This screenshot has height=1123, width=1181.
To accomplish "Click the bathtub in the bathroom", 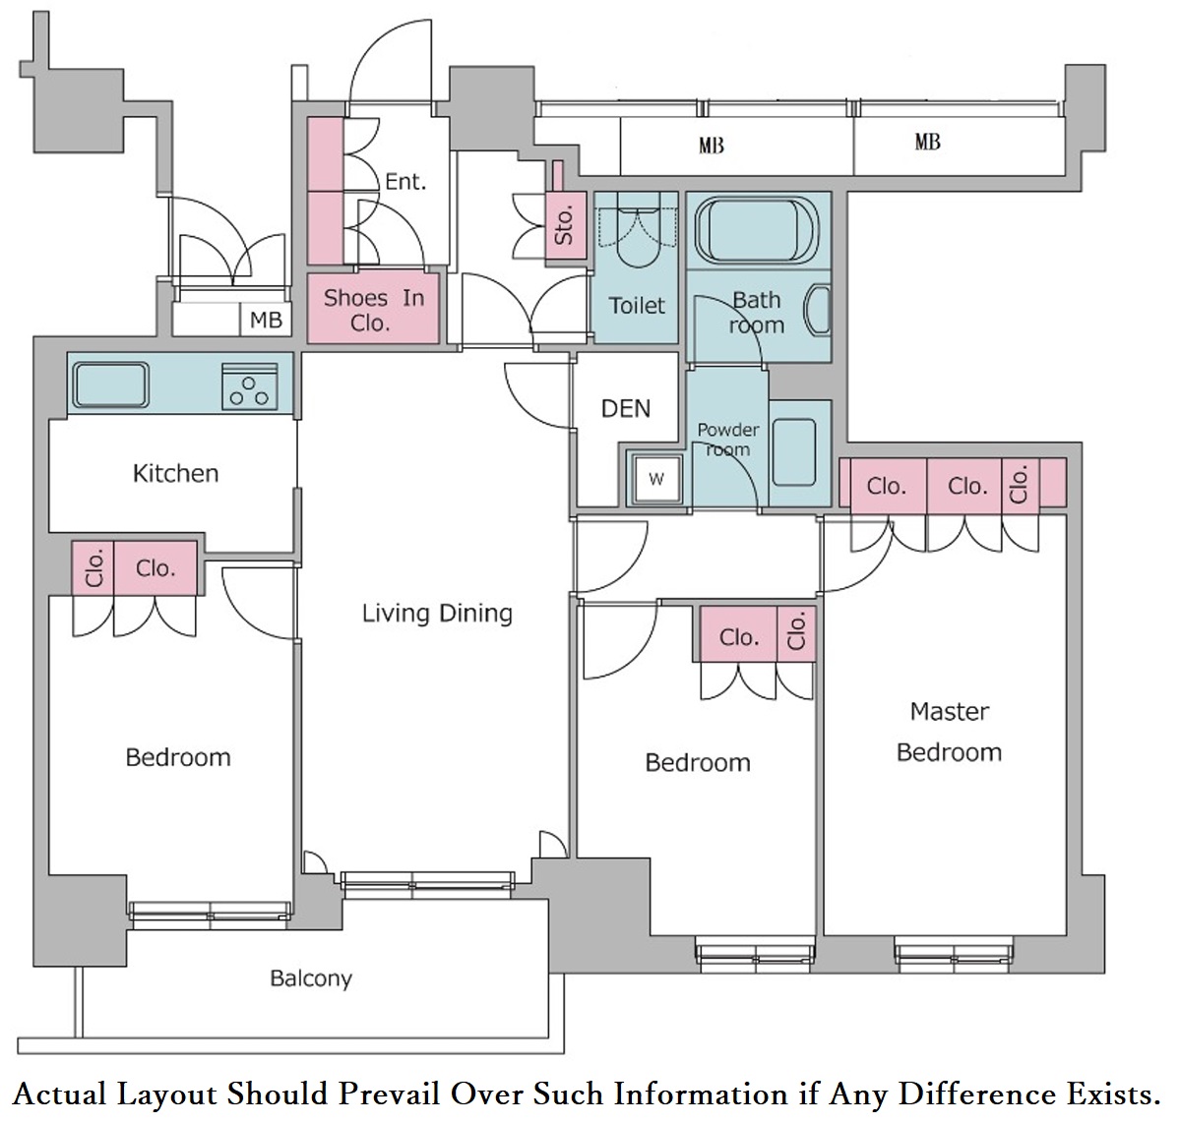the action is pos(756,230).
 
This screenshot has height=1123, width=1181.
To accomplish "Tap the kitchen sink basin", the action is pos(111,384).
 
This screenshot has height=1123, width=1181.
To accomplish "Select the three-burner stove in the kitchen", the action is pos(249,386).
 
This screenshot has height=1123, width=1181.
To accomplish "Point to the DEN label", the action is pos(625,409).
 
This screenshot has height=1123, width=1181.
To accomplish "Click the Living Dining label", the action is pos(437,614).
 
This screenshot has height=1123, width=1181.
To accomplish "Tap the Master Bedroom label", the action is pos(949,732).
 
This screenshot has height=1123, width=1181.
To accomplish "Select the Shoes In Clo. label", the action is pos(374,311).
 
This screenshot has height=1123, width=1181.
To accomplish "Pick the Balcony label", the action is pos(311,978).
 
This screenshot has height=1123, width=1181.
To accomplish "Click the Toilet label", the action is pos(637,306).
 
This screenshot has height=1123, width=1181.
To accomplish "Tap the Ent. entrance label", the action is pos(405,181).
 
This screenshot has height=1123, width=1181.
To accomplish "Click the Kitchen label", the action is pos(175,474).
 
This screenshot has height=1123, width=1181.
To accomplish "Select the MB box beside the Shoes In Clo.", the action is pos(266,320).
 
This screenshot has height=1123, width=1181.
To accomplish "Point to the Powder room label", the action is pos(727,440).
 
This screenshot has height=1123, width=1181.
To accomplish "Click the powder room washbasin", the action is pos(793,452).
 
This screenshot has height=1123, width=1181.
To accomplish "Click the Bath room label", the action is pos(756,312).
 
